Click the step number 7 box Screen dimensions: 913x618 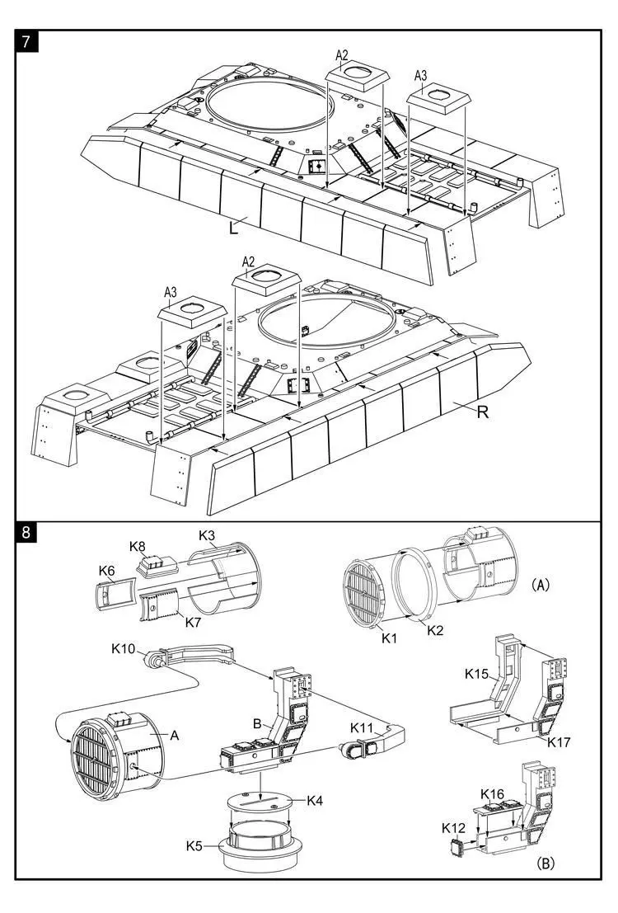[27, 42]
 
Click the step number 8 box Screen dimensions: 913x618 [27, 532]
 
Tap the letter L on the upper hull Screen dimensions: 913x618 [233, 227]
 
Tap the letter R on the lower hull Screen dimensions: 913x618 [483, 412]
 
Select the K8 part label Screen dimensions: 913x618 [138, 546]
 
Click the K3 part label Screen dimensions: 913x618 [207, 535]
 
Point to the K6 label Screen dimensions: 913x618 [106, 571]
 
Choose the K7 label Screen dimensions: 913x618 [193, 623]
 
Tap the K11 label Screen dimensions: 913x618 [363, 727]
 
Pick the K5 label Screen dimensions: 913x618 [194, 845]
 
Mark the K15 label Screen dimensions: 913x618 [477, 673]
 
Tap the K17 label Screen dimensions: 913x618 [558, 742]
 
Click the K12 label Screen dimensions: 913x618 [454, 827]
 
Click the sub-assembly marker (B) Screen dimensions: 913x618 [545, 864]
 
